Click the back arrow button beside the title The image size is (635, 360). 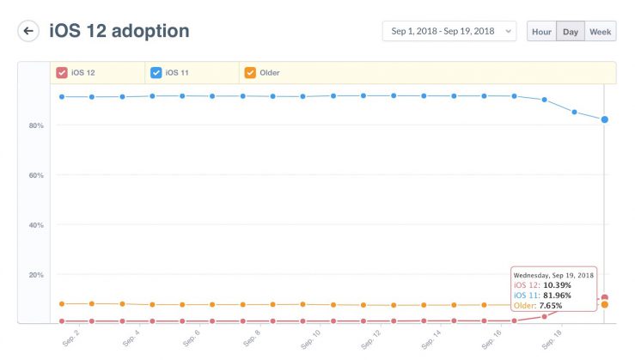tap(28, 32)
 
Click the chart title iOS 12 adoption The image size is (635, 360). tap(119, 32)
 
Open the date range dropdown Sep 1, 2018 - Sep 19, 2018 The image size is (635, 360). tap(449, 32)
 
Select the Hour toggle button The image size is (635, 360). tap(541, 32)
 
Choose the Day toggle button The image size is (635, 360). tap(570, 32)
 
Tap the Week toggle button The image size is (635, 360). tap(601, 32)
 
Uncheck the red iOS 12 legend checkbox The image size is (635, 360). tap(62, 73)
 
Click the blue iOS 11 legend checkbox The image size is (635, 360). tap(156, 73)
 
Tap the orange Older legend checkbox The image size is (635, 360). tap(250, 73)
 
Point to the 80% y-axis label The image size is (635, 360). tap(35, 125)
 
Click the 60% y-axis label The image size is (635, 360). tap(35, 175)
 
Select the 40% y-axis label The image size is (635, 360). tap(35, 225)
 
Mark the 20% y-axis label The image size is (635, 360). tap(35, 275)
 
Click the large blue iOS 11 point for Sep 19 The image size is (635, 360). tap(605, 119)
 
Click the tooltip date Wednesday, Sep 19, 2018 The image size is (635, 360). tap(553, 274)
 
